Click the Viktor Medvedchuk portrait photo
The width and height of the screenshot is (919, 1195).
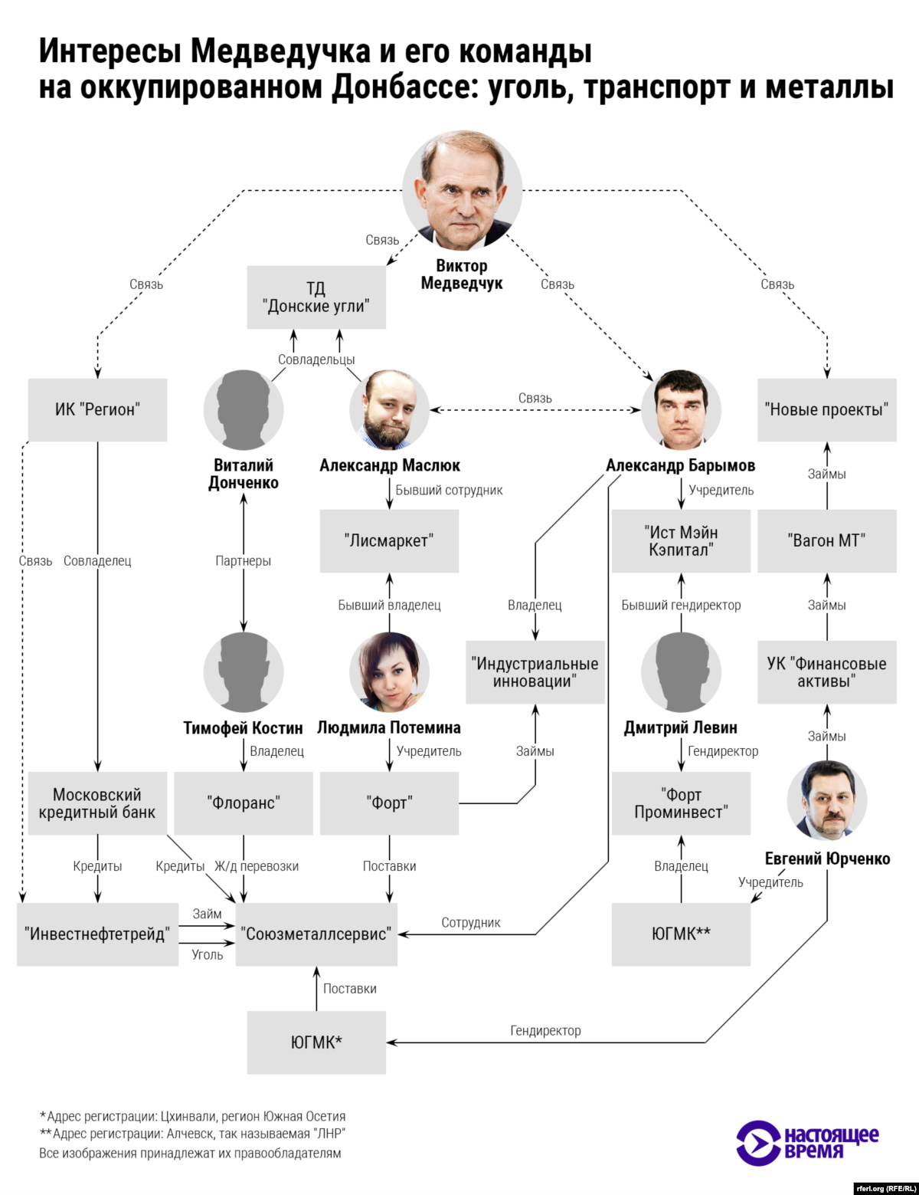462,190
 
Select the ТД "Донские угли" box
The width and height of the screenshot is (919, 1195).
316,297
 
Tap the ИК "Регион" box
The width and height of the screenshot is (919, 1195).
97,409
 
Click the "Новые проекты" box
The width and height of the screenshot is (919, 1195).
826,409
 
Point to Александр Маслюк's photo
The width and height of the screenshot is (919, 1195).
389,410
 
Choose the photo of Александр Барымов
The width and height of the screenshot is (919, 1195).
681,410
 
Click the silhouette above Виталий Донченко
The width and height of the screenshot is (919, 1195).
244,410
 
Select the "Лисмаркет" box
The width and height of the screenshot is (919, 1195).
389,540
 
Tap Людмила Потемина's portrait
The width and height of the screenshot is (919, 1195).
389,672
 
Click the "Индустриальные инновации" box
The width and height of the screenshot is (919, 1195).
535,672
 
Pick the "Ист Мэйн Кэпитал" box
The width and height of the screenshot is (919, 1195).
681,540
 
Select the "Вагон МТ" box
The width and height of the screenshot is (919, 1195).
826,540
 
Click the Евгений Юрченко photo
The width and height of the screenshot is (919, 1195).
826,801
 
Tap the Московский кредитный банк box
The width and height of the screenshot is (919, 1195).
97,803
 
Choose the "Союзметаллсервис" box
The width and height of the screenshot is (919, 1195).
316,934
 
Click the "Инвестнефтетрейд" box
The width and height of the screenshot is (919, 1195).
97,934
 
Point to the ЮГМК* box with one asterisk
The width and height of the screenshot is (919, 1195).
316,1042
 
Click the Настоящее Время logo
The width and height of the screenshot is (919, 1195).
807,1143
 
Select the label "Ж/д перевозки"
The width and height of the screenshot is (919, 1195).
257,866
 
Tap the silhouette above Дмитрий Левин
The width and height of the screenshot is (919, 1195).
681,672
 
